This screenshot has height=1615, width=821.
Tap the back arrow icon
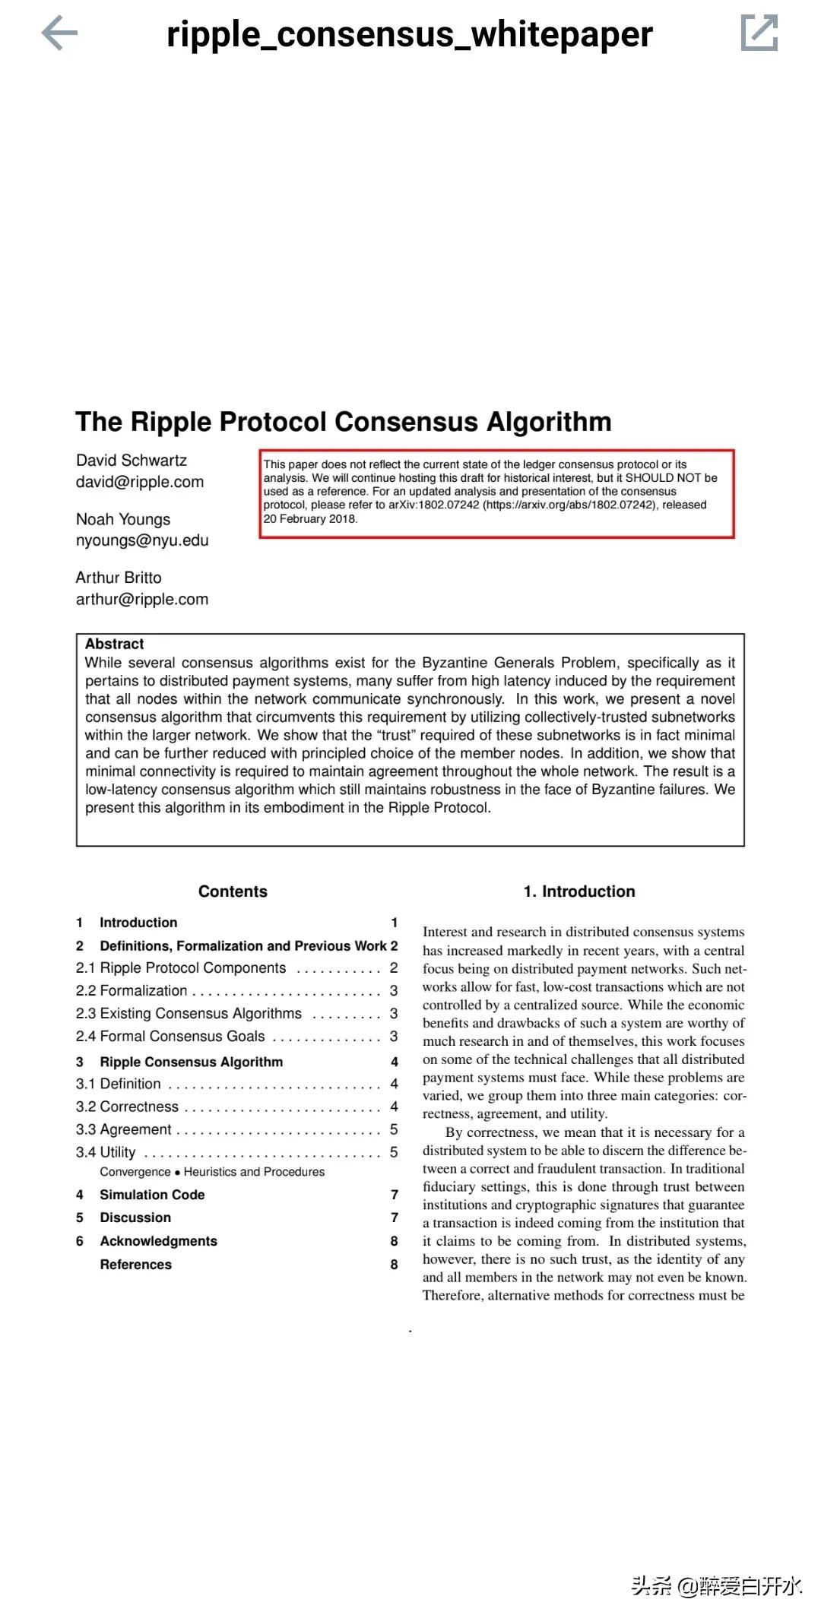point(59,34)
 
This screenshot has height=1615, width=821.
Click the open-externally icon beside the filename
point(759,33)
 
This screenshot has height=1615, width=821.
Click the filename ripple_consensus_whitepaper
point(409,34)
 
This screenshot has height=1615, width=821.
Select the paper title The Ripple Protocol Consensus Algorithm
point(344,422)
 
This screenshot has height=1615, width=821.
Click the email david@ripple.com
point(140,482)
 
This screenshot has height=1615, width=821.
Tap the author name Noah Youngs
point(123,519)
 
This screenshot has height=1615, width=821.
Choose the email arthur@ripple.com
point(142,599)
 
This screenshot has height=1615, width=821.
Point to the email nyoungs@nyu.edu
point(142,540)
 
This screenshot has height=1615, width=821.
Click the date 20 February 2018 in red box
point(310,518)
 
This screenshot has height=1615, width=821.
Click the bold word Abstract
point(114,644)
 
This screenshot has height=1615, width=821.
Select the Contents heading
point(233,891)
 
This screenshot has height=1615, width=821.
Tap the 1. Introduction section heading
point(579,891)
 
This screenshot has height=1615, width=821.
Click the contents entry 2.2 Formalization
point(132,990)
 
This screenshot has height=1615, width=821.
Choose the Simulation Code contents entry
point(152,1195)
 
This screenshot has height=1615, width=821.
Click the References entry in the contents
point(136,1265)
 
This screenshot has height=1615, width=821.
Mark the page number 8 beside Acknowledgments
point(395,1241)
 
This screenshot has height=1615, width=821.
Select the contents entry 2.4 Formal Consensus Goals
point(170,1036)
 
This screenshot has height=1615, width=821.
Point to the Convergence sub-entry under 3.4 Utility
point(135,1172)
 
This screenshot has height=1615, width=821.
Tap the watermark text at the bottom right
point(716,1586)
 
